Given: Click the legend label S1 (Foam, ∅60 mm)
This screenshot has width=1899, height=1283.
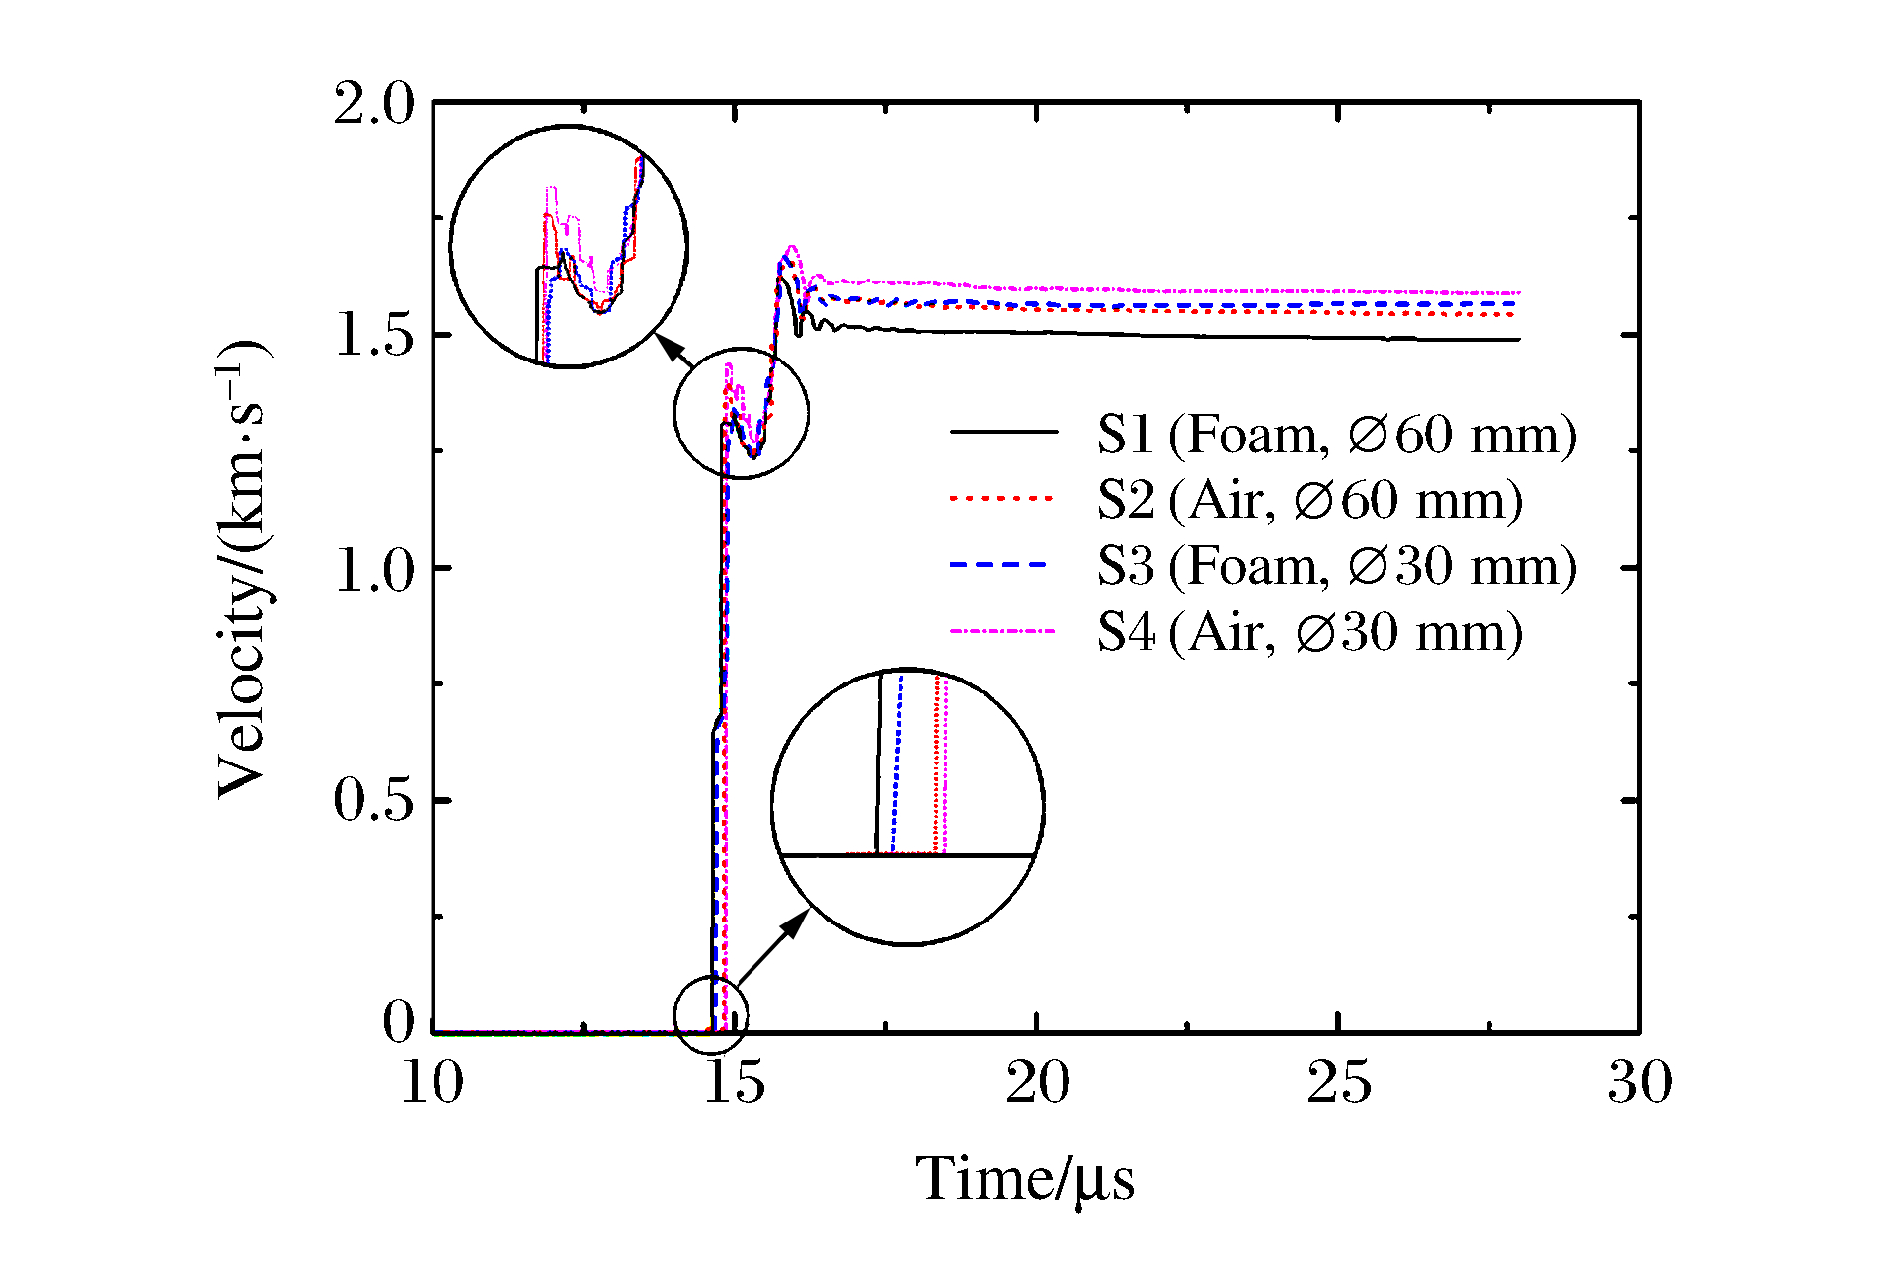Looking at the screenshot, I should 1336,435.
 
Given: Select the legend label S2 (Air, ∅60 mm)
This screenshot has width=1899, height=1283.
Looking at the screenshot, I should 1309,500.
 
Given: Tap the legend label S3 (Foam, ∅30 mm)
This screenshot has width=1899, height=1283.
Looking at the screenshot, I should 1336,566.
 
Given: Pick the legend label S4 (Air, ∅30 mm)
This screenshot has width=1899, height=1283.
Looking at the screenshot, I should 1309,632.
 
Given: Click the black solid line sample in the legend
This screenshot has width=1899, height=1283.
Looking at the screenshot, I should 1002,432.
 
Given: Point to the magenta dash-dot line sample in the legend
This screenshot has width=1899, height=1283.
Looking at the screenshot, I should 1002,631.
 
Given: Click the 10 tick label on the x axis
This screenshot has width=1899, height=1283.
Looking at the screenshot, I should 433,1083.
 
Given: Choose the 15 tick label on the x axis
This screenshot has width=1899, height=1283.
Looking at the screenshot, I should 735,1083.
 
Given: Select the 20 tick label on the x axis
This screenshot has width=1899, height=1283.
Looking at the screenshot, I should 1037,1083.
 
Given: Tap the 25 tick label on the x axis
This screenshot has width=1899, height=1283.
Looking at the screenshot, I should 1338,1083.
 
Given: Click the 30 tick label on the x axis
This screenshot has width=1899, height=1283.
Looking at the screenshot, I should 1640,1083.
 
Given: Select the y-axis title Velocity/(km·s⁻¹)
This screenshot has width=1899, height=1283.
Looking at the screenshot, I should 242,568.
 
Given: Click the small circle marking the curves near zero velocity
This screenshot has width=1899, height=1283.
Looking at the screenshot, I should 711,1014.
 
